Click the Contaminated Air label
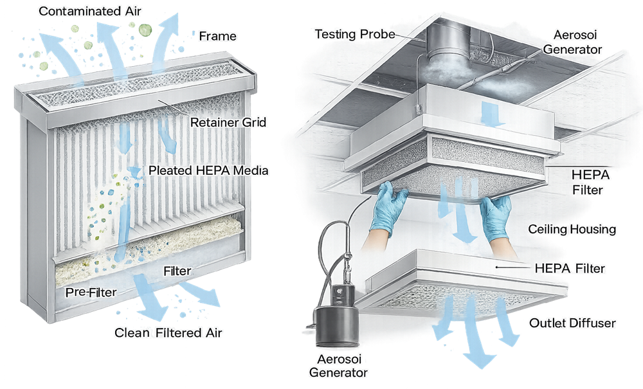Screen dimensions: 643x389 [90, 11]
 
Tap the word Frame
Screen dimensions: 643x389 [218, 36]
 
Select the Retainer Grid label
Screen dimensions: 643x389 [228, 122]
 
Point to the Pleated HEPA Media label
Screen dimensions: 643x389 [208, 170]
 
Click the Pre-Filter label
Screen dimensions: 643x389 [91, 293]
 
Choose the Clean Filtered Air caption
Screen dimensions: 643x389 [168, 332]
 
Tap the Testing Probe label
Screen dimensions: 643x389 [355, 34]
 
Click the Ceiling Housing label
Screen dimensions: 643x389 [572, 229]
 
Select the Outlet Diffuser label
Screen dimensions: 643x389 [572, 323]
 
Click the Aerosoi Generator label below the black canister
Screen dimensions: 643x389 [338, 366]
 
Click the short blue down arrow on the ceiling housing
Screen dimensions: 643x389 [490, 114]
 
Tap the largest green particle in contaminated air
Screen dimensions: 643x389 [145, 30]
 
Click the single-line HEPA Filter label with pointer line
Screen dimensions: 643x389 [570, 269]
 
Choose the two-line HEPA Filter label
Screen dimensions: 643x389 [590, 183]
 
